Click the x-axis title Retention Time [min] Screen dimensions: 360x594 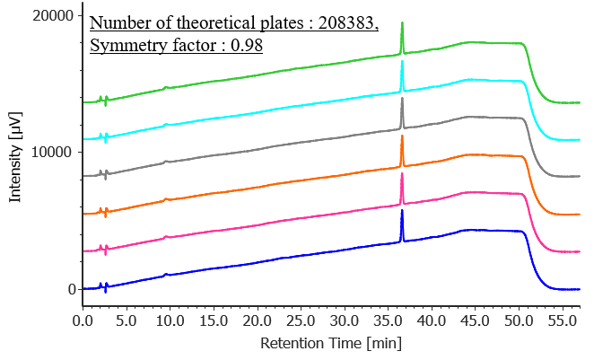(331, 343)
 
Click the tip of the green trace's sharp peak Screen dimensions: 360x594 (402, 23)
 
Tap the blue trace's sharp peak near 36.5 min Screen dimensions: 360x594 (402, 210)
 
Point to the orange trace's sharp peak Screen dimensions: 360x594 (402, 136)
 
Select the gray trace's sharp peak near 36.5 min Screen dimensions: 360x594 (402, 98)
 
